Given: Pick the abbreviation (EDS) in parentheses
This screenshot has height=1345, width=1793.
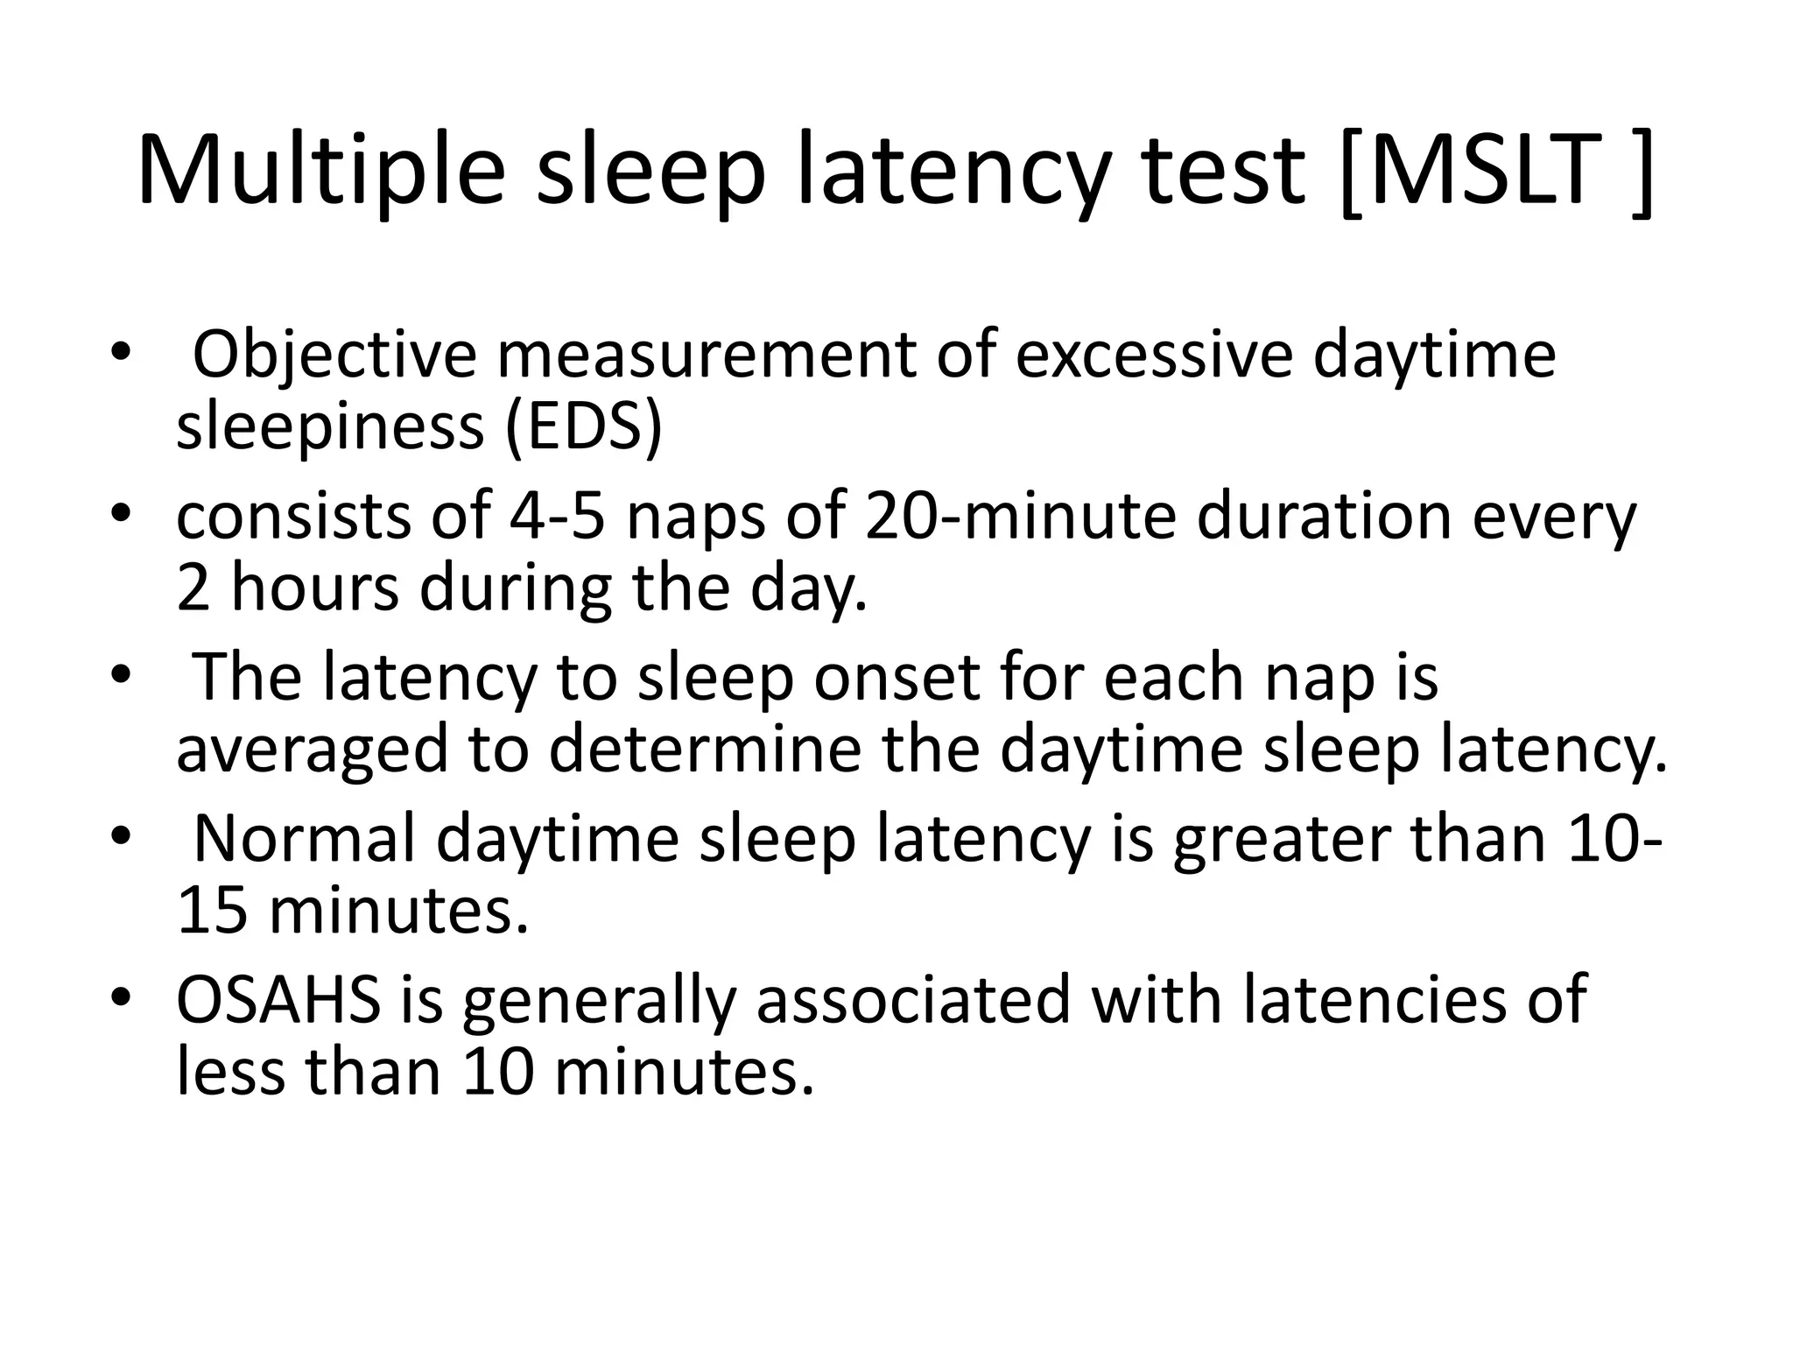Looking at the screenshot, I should pyautogui.click(x=584, y=427).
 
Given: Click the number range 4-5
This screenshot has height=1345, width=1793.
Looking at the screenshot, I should pyautogui.click(x=557, y=517).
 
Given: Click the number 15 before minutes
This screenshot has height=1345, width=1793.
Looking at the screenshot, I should pyautogui.click(x=212, y=912).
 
